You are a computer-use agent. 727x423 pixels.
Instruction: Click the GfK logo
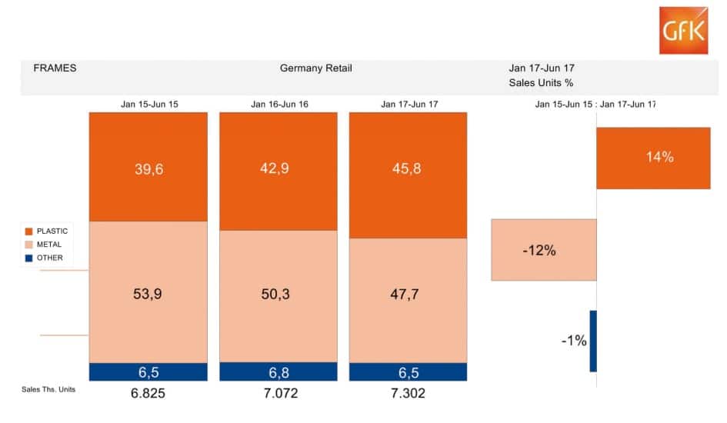click(x=683, y=30)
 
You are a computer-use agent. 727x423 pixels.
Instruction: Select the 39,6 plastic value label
click(x=148, y=169)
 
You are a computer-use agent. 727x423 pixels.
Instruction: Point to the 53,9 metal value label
click(x=148, y=291)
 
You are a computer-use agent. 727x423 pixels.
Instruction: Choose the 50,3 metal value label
click(x=278, y=291)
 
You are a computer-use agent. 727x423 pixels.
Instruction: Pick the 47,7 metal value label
click(x=408, y=291)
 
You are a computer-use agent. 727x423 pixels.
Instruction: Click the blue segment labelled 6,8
click(x=278, y=371)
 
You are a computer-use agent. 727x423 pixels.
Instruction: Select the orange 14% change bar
click(x=653, y=158)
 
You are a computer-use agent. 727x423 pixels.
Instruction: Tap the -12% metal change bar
click(x=544, y=250)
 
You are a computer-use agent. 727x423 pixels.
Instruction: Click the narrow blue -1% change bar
click(x=593, y=341)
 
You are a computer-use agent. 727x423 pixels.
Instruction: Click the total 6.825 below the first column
click(x=148, y=393)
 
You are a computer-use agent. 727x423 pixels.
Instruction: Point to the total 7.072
click(x=278, y=393)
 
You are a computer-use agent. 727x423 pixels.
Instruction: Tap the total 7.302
click(x=408, y=393)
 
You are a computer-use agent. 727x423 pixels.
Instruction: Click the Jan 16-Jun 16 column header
click(x=279, y=104)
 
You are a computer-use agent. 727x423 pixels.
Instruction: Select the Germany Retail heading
click(x=315, y=68)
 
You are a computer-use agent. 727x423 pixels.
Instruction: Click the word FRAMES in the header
click(x=55, y=68)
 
